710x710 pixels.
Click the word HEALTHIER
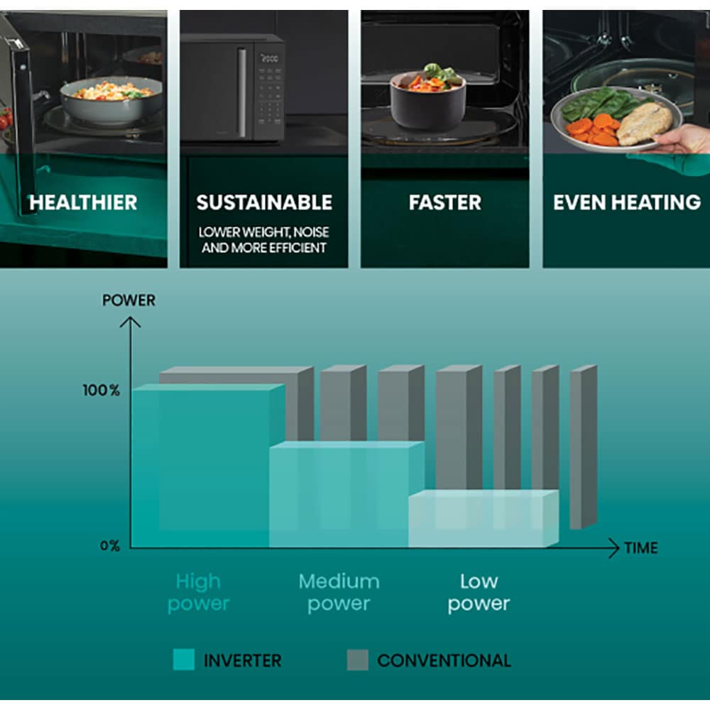[x=83, y=202]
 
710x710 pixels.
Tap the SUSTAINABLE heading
[x=264, y=202]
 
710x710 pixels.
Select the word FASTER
[x=445, y=202]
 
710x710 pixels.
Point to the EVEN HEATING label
[x=627, y=202]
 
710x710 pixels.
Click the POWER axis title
[x=129, y=300]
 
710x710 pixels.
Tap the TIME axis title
[x=640, y=548]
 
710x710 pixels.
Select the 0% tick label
[x=109, y=546]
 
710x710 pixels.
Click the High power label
[x=199, y=593]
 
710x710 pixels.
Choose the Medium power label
[x=339, y=593]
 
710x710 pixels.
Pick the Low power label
[x=479, y=593]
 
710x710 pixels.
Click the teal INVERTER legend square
[x=184, y=660]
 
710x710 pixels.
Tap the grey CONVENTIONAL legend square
[x=358, y=660]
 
